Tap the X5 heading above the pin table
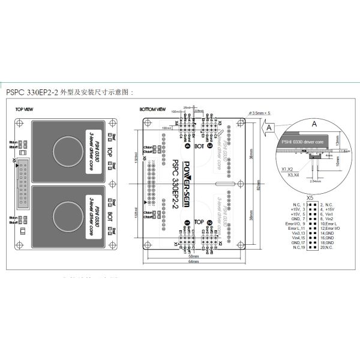[x=310, y=196]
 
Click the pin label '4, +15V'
[x=329, y=209]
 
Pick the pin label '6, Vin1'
[x=328, y=214]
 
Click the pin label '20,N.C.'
[x=329, y=247]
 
